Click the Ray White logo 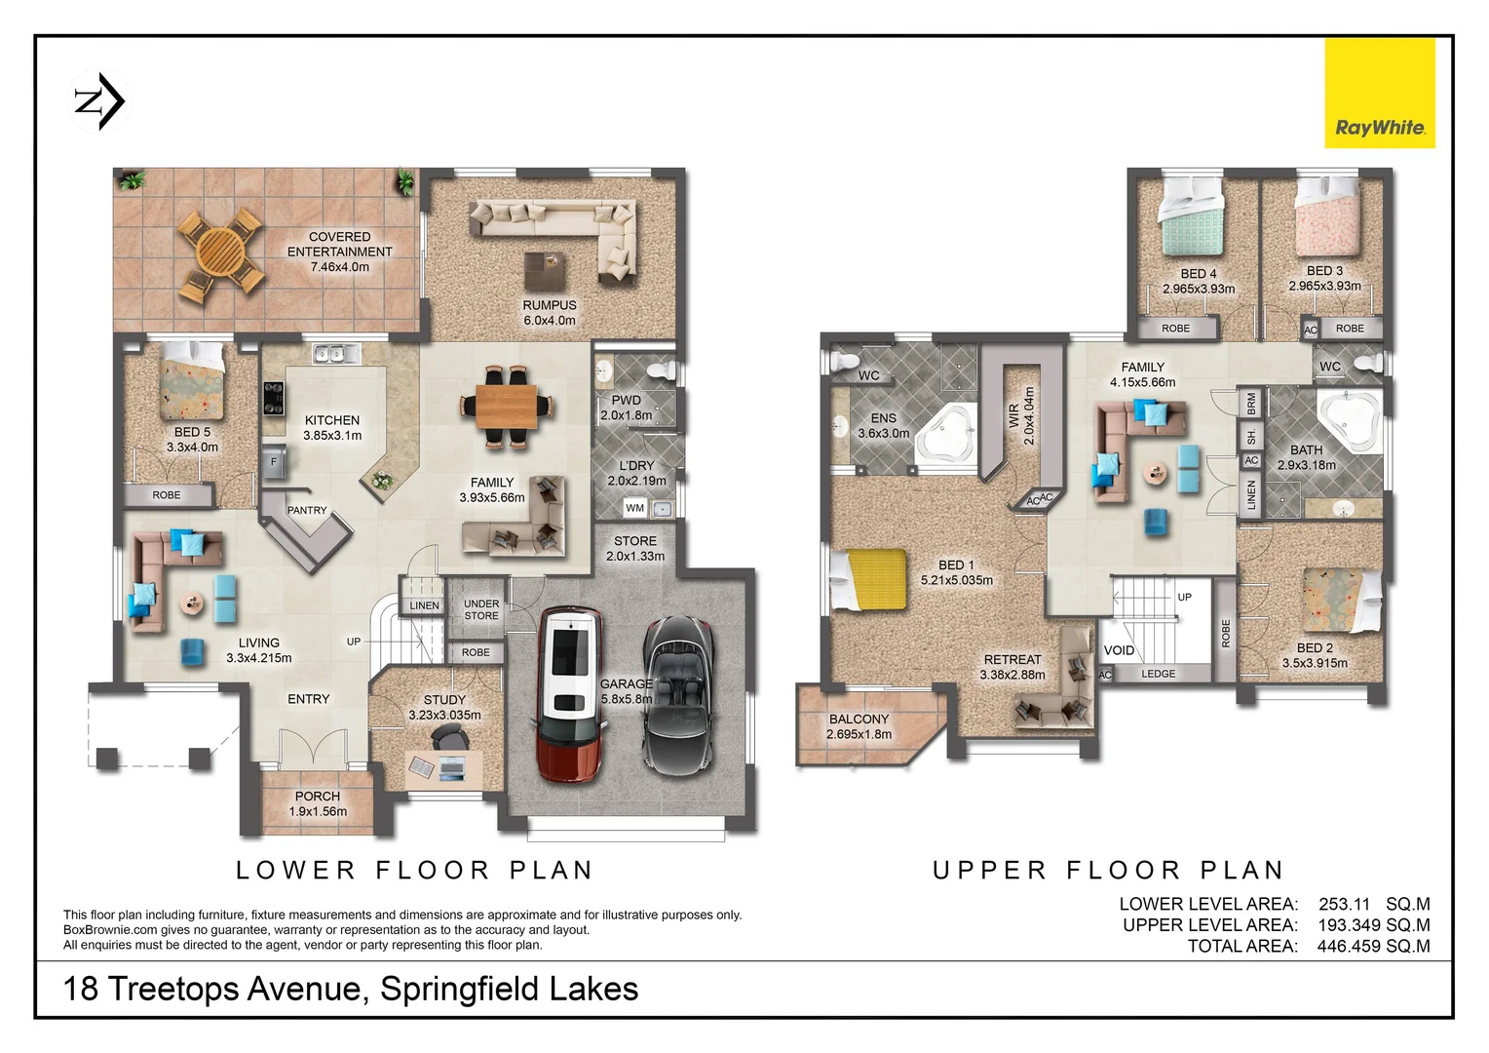click(1379, 94)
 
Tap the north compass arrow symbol click(100, 100)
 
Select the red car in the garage click(570, 693)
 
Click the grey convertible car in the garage click(678, 693)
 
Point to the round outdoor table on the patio click(220, 253)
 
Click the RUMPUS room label click(550, 305)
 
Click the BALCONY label click(859, 719)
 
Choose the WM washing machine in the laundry click(635, 508)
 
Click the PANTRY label click(307, 510)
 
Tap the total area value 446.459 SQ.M click(1373, 946)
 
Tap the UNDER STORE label click(481, 609)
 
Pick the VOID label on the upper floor click(1119, 650)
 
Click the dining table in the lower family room click(506, 406)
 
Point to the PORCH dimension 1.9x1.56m click(318, 811)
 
